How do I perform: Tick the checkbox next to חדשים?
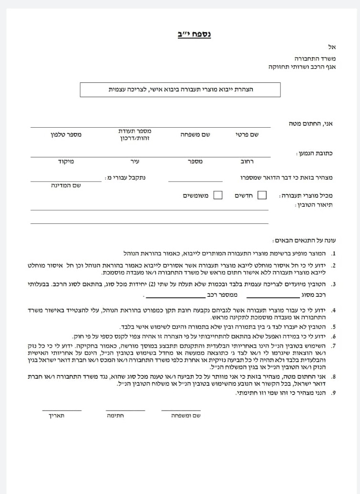262,195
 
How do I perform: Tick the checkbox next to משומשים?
218,195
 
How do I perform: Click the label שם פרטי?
247,135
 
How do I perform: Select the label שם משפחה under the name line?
195,135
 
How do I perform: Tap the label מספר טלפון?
66,135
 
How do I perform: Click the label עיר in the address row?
127,161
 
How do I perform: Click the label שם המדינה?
65,185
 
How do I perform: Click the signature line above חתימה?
126,410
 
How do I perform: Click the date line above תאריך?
62,410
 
